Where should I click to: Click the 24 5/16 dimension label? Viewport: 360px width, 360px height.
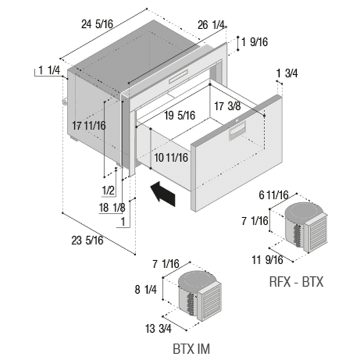tap(97, 24)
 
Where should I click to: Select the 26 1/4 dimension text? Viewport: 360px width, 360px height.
tap(211, 25)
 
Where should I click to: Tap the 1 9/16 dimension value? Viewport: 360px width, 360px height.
tap(255, 42)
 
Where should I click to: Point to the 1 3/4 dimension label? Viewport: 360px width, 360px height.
tap(287, 73)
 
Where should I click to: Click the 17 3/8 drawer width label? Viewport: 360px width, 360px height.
tap(227, 106)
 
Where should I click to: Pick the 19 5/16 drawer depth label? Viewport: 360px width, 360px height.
tap(180, 115)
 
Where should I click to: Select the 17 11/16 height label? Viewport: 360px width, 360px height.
tap(89, 126)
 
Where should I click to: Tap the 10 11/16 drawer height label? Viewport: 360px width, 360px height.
tap(171, 158)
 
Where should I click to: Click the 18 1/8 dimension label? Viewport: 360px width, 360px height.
tap(112, 208)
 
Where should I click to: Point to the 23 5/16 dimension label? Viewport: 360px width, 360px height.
tap(87, 241)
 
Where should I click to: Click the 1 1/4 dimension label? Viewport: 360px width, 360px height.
tap(49, 70)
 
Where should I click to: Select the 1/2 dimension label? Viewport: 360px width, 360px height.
tap(108, 191)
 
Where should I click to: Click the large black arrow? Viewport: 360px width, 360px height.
tap(163, 193)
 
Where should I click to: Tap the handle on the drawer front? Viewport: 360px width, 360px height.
tap(237, 131)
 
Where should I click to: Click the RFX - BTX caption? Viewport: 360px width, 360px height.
tap(296, 281)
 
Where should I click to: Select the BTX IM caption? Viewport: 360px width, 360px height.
tap(191, 349)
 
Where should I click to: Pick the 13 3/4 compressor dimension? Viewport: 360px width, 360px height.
tap(158, 329)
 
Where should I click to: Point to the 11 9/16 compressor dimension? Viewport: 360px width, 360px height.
tap(268, 260)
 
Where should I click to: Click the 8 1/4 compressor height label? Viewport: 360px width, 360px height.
tap(145, 290)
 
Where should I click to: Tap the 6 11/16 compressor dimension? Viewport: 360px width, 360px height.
tap(273, 195)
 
